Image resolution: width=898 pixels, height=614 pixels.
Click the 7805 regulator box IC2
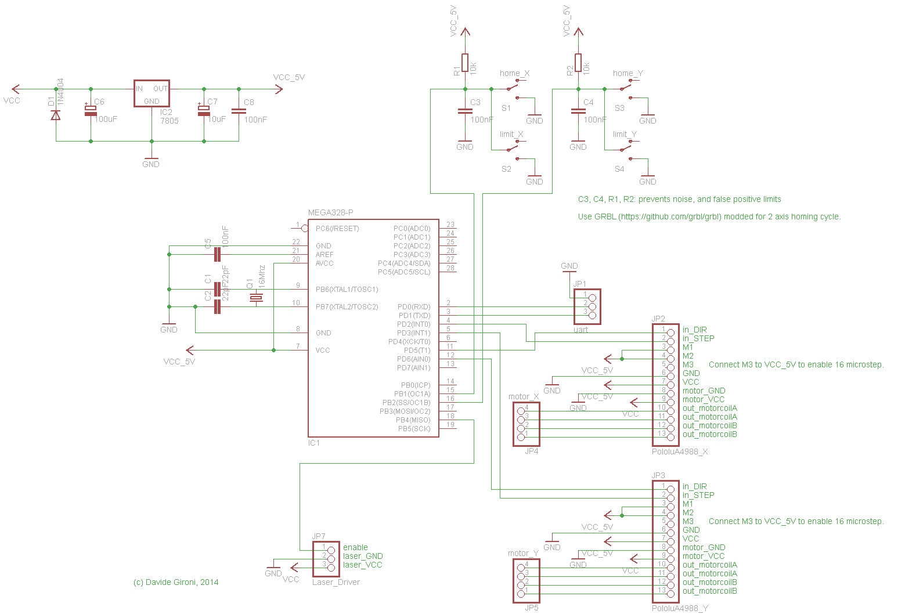(x=152, y=93)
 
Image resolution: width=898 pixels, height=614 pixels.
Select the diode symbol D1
(x=56, y=115)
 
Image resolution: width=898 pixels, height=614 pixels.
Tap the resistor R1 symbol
(x=465, y=63)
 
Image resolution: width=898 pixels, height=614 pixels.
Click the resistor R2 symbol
(x=578, y=63)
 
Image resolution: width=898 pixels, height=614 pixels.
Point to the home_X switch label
(x=514, y=74)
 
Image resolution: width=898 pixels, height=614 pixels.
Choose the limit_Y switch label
(x=625, y=135)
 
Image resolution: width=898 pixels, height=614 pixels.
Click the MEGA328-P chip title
(x=330, y=213)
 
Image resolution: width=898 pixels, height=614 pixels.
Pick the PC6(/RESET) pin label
(x=337, y=229)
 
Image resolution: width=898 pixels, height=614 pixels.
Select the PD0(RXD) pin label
(x=414, y=307)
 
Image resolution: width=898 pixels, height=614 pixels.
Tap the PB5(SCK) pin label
(x=414, y=429)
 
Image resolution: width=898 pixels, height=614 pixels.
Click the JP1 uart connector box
(x=587, y=306)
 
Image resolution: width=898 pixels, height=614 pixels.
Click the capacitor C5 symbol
(x=217, y=254)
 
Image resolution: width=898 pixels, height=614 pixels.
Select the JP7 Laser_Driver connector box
(x=326, y=559)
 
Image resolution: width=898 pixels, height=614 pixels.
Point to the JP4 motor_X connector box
(x=526, y=424)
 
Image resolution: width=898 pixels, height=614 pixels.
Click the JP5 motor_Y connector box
(x=526, y=581)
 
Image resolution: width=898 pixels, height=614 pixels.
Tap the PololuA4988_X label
(x=680, y=452)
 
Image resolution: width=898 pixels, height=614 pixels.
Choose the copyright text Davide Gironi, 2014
(x=176, y=582)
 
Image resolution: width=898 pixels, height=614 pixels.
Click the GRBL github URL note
(x=709, y=216)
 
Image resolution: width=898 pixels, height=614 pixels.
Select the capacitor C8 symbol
(x=239, y=111)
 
